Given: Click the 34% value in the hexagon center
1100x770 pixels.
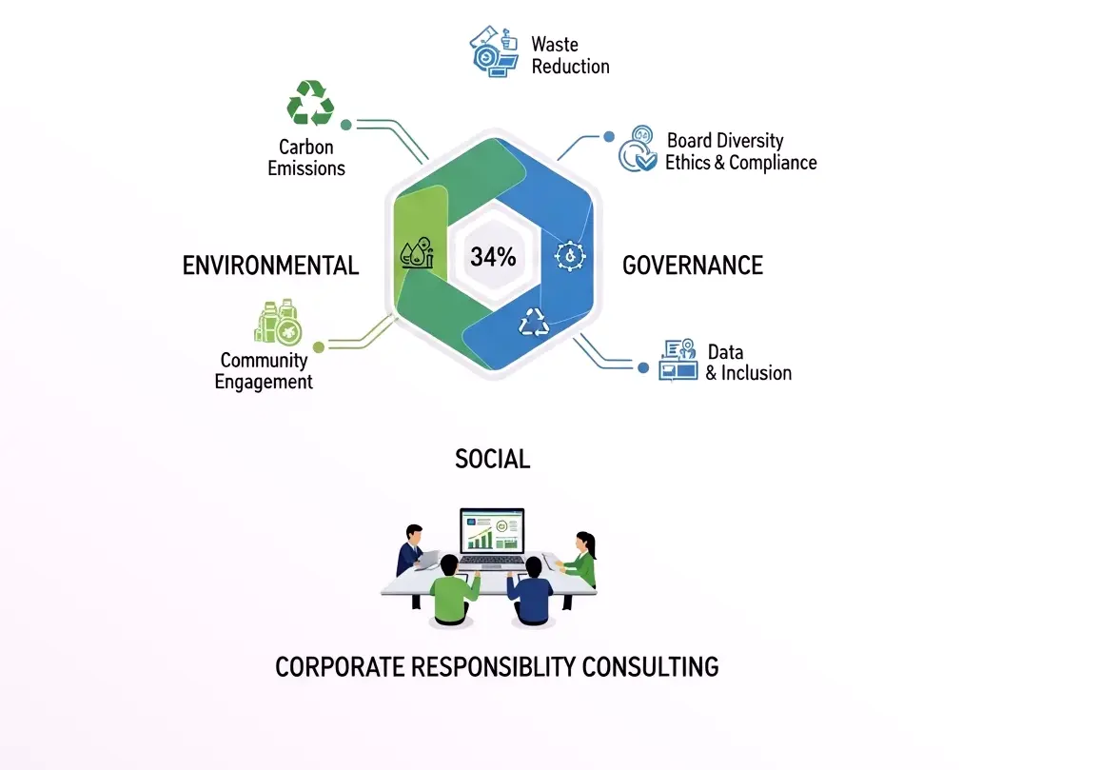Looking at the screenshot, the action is (x=493, y=257).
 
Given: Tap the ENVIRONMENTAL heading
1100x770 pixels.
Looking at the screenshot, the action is (x=270, y=266).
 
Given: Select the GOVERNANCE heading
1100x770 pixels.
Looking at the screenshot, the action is (x=693, y=266).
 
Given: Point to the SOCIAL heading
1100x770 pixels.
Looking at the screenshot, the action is (x=493, y=459).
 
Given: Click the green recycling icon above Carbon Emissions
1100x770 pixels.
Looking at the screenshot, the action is (x=310, y=103).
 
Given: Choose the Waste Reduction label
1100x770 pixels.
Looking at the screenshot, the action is (x=570, y=55).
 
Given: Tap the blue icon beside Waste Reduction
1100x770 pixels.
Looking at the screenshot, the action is (x=494, y=52).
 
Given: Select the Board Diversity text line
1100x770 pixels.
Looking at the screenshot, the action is (x=725, y=140).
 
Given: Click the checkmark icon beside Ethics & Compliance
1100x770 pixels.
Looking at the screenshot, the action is (x=638, y=148).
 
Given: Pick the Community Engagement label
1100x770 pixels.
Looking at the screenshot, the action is (x=264, y=370).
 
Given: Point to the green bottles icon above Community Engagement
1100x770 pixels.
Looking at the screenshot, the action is (x=279, y=322).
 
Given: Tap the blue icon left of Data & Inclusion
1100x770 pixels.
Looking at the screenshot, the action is (x=678, y=360).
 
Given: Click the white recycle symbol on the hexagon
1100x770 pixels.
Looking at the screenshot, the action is (x=534, y=322).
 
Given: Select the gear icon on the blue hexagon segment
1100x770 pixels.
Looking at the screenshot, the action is (x=570, y=256).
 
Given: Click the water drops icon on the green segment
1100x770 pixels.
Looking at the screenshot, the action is (x=417, y=253).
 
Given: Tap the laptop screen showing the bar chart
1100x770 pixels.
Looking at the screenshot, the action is (x=493, y=531).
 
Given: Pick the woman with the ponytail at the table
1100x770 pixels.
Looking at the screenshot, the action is (x=579, y=559).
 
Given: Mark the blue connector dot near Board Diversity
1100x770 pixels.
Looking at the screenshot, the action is (x=609, y=137).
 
